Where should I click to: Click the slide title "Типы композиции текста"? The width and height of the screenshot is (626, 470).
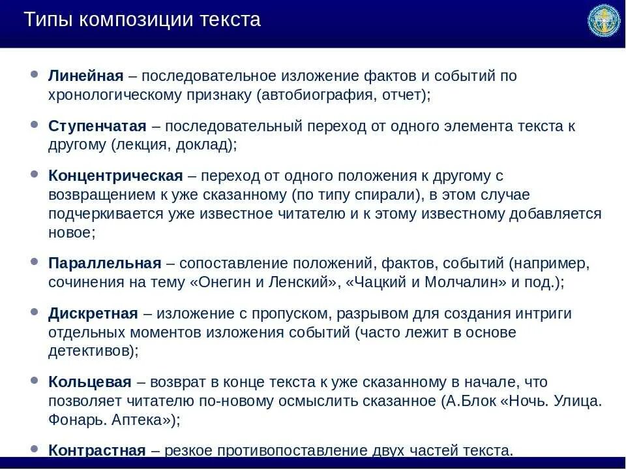click(x=142, y=20)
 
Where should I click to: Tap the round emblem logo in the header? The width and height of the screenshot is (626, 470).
click(x=604, y=21)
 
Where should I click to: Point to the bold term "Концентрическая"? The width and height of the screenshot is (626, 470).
click(x=115, y=176)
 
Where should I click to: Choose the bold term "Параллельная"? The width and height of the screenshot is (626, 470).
click(x=104, y=263)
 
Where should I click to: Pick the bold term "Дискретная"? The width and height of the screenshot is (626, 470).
click(x=93, y=313)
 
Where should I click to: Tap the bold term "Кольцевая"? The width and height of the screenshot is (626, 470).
click(x=90, y=382)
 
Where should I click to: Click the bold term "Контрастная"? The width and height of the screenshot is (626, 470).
click(x=97, y=450)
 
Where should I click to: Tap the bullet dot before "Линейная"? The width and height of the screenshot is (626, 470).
click(x=34, y=75)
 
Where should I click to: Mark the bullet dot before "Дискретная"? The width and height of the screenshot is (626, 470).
click(x=34, y=313)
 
